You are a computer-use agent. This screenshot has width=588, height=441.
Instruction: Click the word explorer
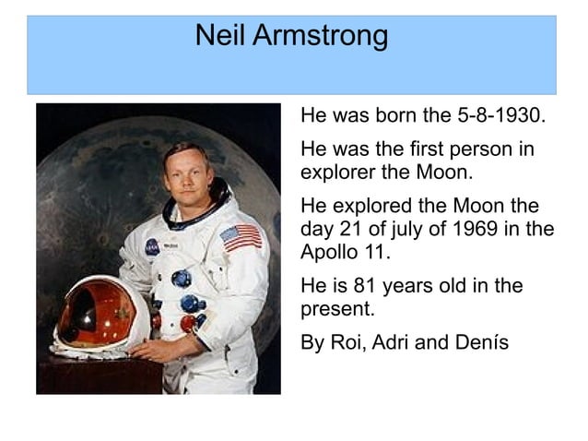coord(341,173)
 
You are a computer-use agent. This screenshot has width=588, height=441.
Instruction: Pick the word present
coord(335,309)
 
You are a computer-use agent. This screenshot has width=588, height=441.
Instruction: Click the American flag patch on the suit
coord(241,237)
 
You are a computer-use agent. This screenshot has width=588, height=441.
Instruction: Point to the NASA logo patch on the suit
coord(151,246)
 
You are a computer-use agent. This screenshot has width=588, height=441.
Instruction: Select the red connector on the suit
coord(187,322)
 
